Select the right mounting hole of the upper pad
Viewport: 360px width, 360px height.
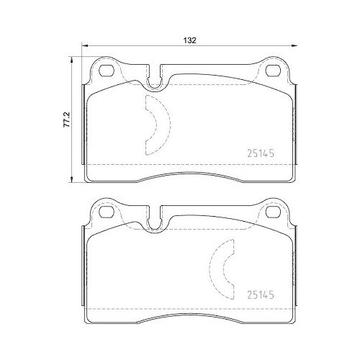point(274,71)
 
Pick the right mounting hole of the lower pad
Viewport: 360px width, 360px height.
point(274,212)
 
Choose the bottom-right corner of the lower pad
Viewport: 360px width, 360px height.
point(294,318)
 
